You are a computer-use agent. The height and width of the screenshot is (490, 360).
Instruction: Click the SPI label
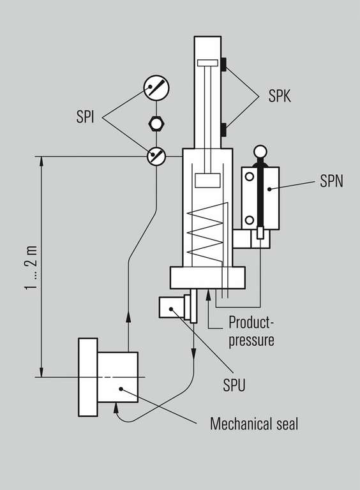tap(85, 117)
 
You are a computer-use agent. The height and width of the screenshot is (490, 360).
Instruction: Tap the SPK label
tap(280, 96)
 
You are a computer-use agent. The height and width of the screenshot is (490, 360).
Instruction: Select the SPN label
tap(331, 181)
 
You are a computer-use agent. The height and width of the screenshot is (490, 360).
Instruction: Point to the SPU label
tap(234, 385)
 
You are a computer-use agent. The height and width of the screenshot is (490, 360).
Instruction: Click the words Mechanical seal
tap(254, 424)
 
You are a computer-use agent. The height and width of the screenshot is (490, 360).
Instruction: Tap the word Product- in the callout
tap(251, 322)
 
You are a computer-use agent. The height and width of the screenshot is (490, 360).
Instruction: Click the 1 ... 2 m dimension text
tap(31, 268)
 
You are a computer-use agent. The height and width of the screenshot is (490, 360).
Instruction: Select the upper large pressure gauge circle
tap(156, 88)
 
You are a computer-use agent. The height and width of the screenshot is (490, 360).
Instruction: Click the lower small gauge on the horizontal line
tap(156, 156)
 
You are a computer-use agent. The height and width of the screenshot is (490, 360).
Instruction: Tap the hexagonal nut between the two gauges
tap(156, 123)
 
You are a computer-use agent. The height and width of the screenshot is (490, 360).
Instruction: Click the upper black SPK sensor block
tap(223, 64)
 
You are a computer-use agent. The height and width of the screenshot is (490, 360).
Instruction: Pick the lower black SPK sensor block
tap(223, 130)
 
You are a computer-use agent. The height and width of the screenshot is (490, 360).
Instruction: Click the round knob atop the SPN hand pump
tap(260, 152)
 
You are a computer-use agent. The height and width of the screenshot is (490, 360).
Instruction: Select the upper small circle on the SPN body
tap(250, 177)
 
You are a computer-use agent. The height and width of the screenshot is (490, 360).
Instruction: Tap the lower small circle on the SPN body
tap(250, 220)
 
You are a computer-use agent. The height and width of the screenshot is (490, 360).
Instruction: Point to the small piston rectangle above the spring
tap(207, 181)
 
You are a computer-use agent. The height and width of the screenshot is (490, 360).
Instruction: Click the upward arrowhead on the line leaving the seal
tap(128, 316)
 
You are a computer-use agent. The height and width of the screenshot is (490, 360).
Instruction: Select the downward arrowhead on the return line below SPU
tap(194, 353)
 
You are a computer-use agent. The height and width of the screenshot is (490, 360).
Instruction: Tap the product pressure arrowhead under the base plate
tap(208, 295)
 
